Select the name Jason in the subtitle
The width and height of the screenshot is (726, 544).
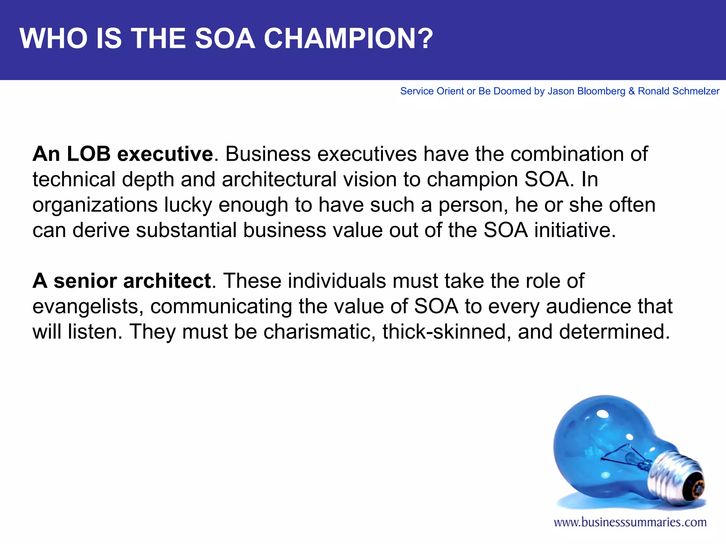pos(561,91)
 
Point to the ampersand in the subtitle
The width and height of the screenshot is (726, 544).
pos(631,91)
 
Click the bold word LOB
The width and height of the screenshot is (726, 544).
pos(89,154)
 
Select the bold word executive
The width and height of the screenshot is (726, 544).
pos(165,154)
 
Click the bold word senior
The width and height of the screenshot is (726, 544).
pos(85,281)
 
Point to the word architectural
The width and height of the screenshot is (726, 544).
pos(279,179)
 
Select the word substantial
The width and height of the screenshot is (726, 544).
pos(186,230)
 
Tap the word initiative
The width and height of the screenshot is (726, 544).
pos(575,230)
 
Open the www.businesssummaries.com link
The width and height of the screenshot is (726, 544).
pos(630,522)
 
